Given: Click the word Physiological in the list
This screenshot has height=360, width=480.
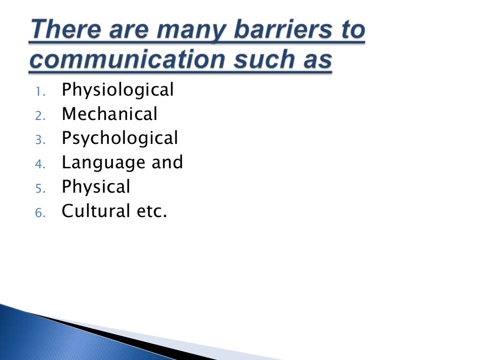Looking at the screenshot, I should (x=118, y=90).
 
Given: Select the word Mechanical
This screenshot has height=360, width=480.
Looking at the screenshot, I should (x=110, y=114).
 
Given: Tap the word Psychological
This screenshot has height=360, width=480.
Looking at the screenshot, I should (x=120, y=138).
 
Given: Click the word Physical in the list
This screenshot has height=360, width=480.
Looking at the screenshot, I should (x=96, y=187).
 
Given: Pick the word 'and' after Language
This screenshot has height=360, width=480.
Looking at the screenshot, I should (x=167, y=162).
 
